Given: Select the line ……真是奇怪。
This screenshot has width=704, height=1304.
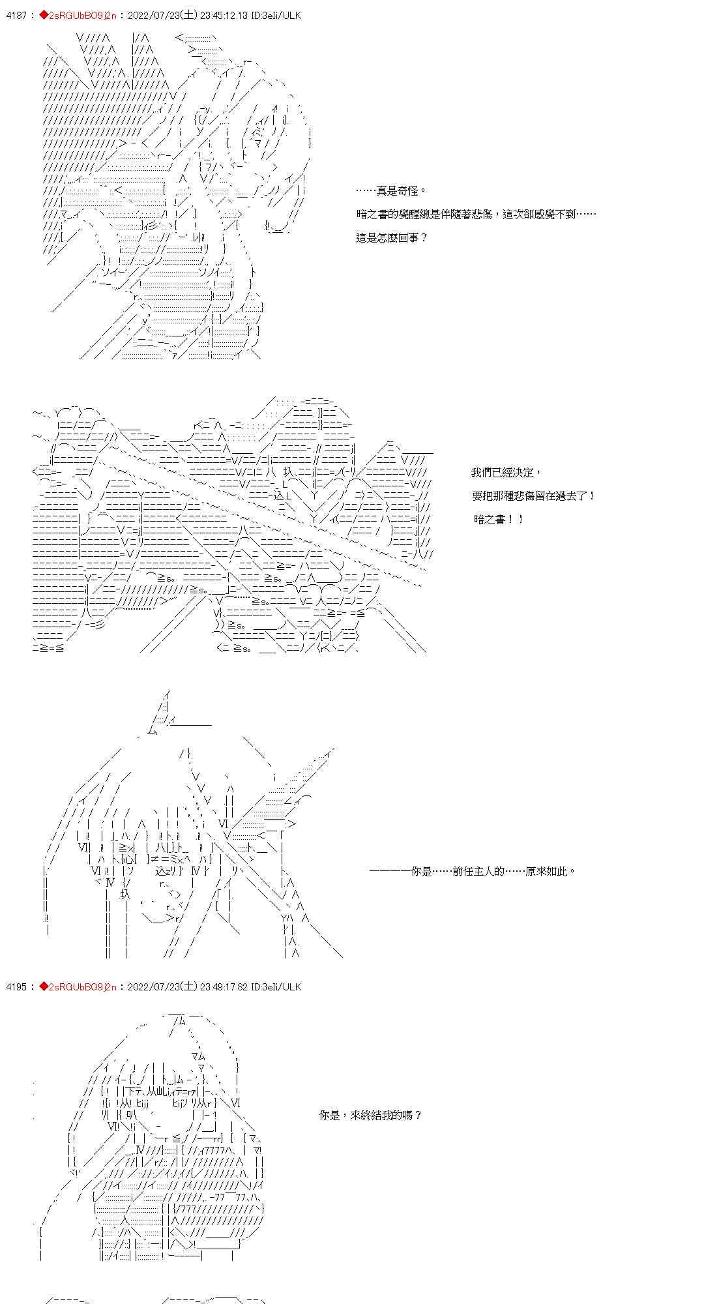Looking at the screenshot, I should [x=391, y=191].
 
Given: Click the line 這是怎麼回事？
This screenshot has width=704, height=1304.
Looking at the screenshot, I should [x=392, y=238].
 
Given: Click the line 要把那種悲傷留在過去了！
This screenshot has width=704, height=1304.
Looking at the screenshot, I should [x=533, y=496].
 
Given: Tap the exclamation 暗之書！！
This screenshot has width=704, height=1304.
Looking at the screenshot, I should [x=499, y=520].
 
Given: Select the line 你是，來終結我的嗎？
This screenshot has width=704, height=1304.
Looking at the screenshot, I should [x=371, y=1116].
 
